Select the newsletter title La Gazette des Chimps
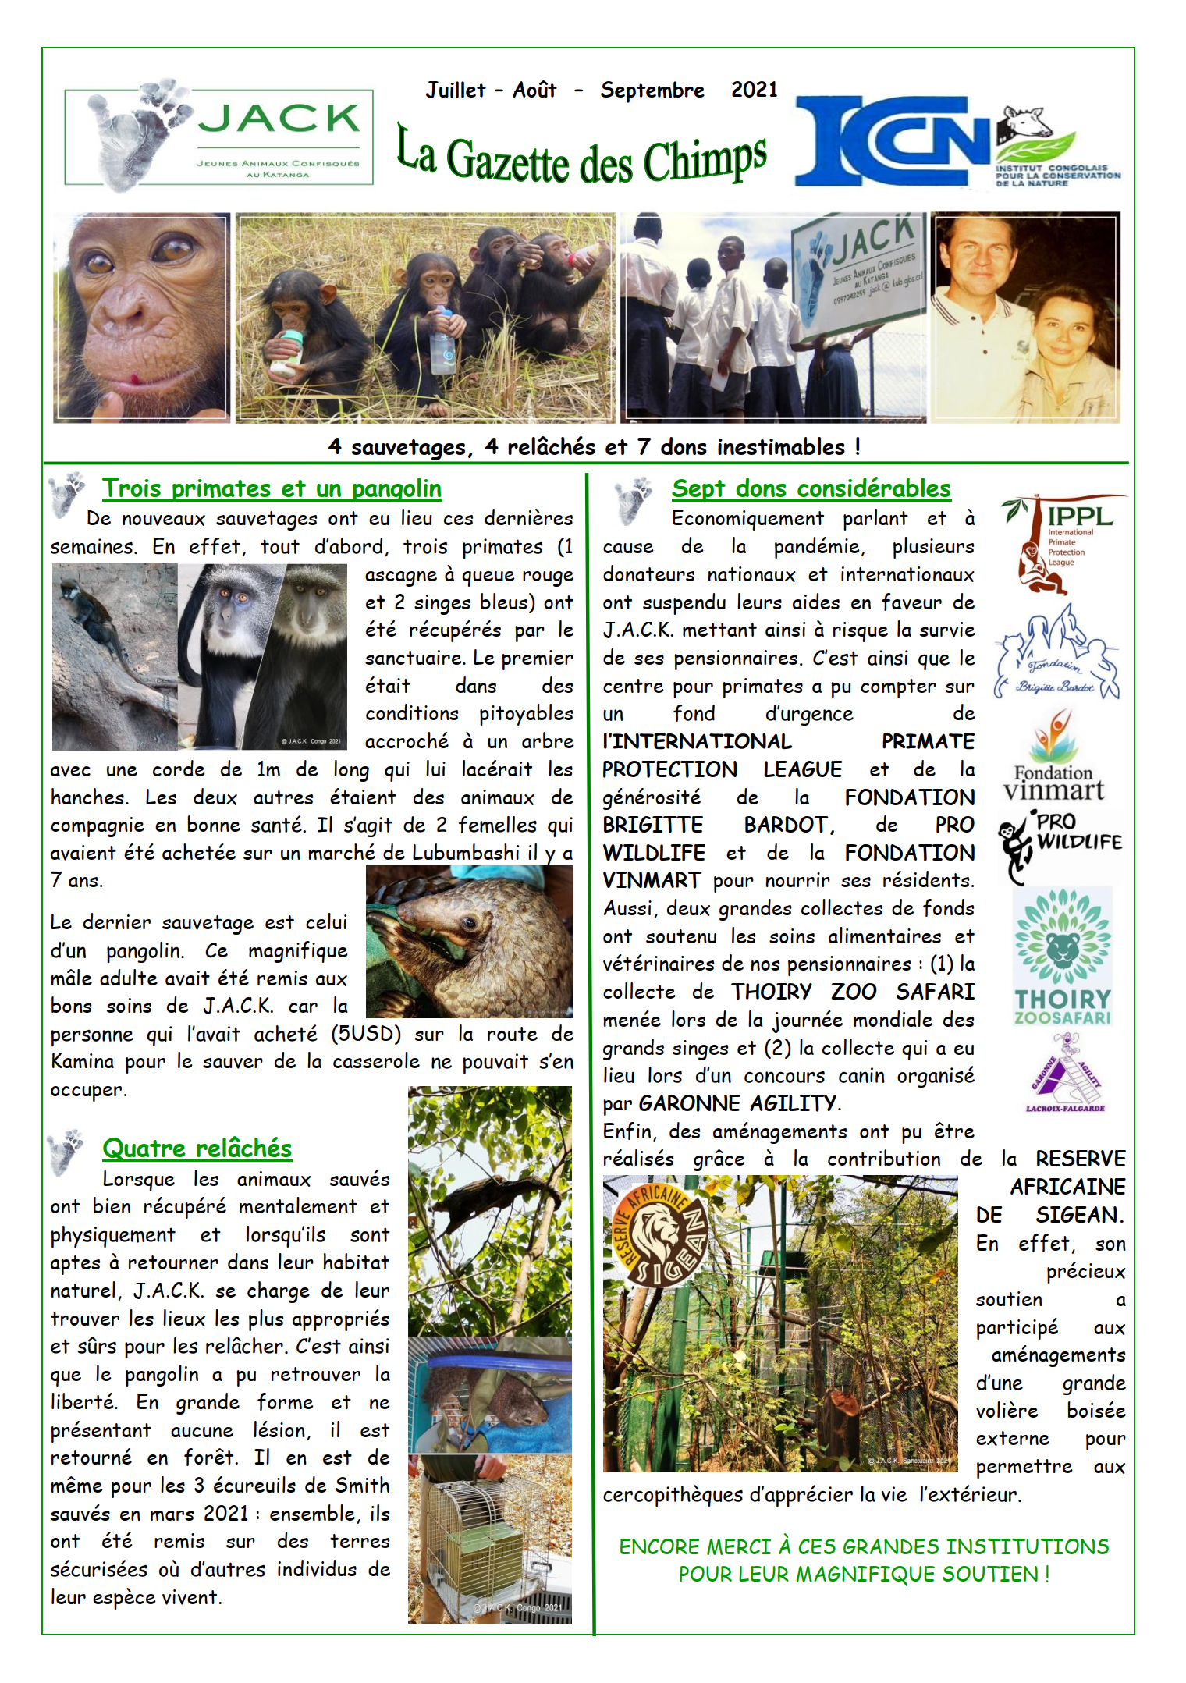581,156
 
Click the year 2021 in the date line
754,90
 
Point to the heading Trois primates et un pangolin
272,488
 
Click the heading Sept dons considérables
811,488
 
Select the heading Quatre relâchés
197,1148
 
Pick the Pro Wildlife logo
1060,846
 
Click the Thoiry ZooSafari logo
1062,957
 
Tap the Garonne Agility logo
1065,1073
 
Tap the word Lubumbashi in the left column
465,853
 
